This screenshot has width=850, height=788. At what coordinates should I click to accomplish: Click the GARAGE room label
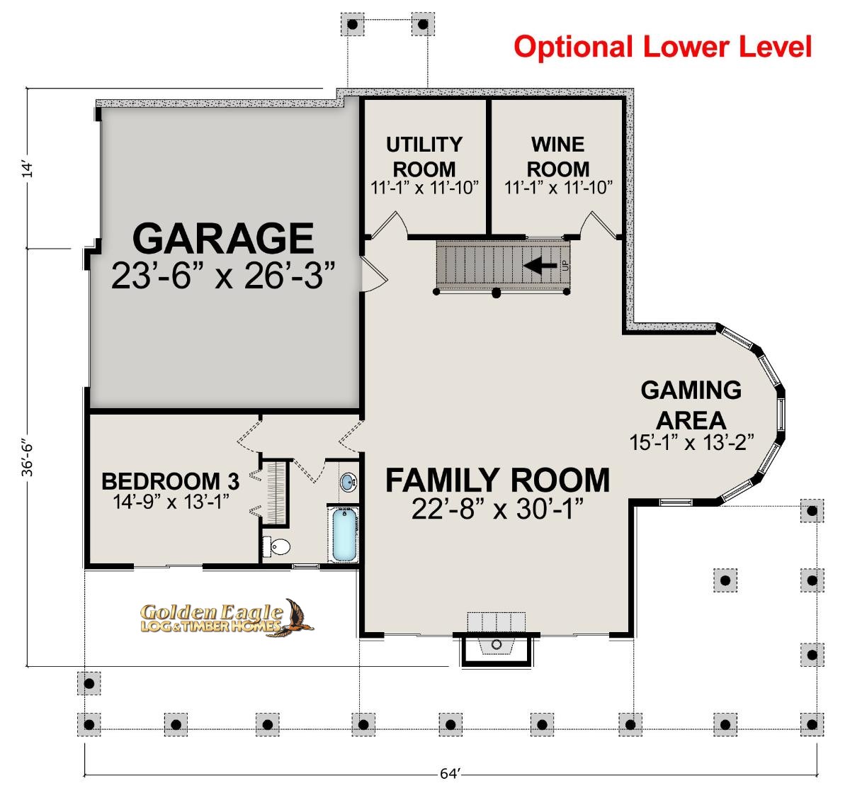[223, 238]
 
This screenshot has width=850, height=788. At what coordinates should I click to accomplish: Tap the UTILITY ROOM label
[424, 157]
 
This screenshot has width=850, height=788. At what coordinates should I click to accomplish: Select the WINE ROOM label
[557, 157]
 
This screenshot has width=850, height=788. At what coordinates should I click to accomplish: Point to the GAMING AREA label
[691, 405]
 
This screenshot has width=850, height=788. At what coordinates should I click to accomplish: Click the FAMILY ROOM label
[497, 480]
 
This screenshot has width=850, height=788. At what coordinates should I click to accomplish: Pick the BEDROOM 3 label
[170, 481]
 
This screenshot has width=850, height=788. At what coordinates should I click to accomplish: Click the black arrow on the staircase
[540, 266]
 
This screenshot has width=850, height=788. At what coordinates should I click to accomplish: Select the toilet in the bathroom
[277, 546]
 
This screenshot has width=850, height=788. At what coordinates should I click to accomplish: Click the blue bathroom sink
[348, 482]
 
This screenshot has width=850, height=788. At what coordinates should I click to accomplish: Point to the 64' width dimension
[450, 773]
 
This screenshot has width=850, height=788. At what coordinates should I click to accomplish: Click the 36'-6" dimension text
[27, 459]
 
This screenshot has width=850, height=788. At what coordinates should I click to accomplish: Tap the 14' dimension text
[27, 169]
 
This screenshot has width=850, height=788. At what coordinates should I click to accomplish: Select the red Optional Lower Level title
[662, 47]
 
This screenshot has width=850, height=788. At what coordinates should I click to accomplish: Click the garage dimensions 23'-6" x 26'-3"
[223, 276]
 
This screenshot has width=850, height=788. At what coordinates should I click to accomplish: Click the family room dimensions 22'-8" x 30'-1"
[497, 509]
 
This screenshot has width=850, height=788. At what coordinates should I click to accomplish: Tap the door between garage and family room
[373, 274]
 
